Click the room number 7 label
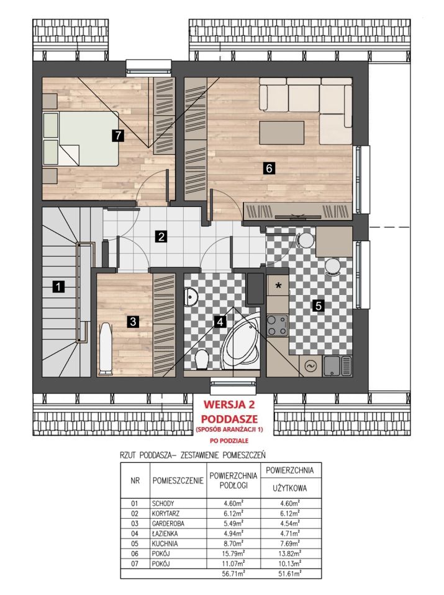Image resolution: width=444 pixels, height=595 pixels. (x=119, y=135)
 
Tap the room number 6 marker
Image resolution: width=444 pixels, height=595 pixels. (x=269, y=168)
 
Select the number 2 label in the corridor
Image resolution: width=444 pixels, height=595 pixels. (x=161, y=236)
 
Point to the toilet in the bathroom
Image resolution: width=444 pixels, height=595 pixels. (x=201, y=359)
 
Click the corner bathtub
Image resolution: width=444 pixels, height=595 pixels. (x=241, y=340)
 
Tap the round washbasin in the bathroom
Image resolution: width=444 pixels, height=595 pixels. (x=189, y=296)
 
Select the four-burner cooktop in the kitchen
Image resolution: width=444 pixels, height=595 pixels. (x=277, y=325)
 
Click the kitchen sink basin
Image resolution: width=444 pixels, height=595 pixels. (x=332, y=366)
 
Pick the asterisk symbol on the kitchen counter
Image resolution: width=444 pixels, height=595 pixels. (x=279, y=286)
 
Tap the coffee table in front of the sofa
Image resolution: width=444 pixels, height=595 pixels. (x=282, y=133)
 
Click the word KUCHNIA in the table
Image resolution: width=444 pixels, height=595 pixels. (x=164, y=544)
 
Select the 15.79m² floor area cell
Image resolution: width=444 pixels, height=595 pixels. (x=233, y=553)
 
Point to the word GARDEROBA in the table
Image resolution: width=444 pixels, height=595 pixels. (x=168, y=524)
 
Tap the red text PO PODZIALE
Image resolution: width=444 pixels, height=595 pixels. (x=229, y=441)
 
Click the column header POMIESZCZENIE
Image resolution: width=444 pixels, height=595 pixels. (x=178, y=481)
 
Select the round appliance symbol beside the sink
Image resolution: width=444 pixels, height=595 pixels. (x=310, y=366)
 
